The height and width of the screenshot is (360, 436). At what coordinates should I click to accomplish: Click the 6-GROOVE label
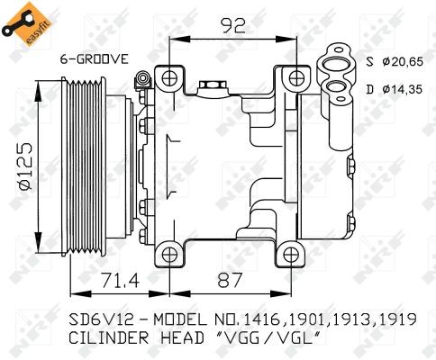coord(94,58)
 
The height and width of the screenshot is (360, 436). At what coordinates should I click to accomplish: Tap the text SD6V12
coord(100,319)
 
